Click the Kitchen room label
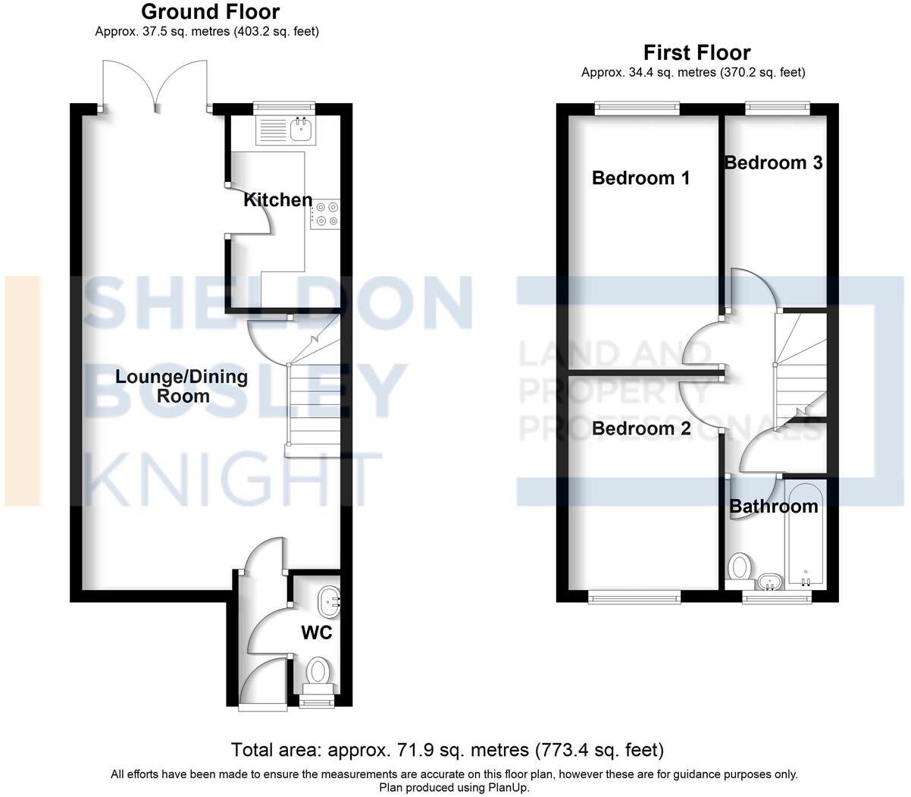pos(277,200)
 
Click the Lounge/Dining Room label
pos(182,386)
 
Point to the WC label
pos(317,632)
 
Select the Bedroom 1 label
pos(640,178)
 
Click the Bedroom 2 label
pos(641,429)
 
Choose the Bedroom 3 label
pos(773,163)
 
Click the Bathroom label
pos(773,506)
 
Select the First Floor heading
pos(697,52)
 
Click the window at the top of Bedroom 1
pos(637,108)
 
